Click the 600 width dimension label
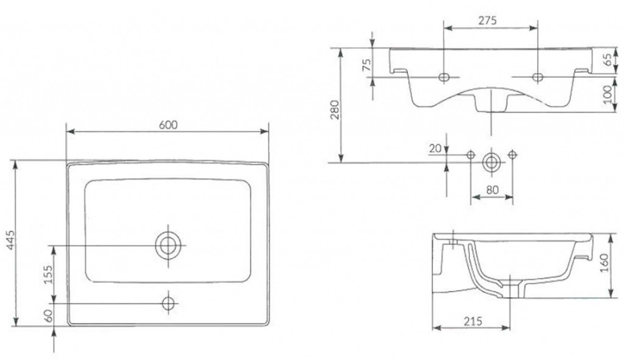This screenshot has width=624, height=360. (168, 124)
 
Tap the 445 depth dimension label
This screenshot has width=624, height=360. (11, 240)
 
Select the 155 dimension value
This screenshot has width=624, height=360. (48, 275)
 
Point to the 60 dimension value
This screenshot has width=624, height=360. (48, 316)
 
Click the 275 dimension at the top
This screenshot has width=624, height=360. (487, 20)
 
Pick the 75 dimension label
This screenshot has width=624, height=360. (366, 65)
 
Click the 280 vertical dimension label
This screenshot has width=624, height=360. (335, 110)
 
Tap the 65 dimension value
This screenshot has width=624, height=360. (608, 60)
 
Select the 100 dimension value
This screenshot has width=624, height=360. (608, 94)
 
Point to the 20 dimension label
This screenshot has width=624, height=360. (435, 148)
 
